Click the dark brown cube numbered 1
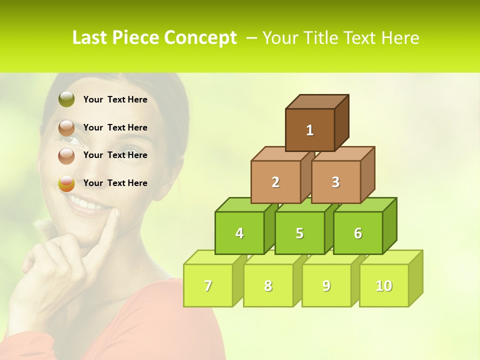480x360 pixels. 310,130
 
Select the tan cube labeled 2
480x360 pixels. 275,182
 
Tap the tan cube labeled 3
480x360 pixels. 335,182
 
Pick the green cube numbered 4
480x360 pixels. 239,233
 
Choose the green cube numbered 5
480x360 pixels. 299,233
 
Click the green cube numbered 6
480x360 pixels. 358,233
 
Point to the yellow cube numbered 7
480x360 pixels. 208,285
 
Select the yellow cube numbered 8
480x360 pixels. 268,285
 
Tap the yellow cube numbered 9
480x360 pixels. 326,285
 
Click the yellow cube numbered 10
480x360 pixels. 383,285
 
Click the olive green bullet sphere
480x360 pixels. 66,99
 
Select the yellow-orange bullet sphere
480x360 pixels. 66,183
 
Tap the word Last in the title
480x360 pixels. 90,38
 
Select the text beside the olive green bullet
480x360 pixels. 115,99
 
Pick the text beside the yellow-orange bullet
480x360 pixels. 115,183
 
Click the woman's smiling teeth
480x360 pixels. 90,204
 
